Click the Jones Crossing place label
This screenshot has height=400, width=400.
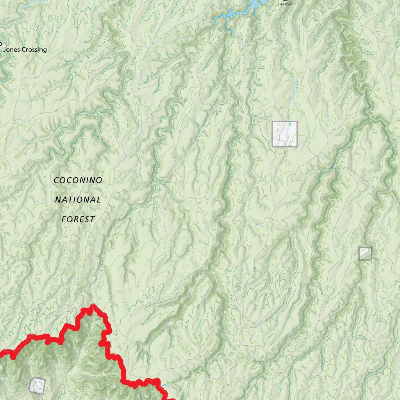25,50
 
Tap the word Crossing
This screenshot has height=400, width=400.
34,50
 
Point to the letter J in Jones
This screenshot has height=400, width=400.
5,50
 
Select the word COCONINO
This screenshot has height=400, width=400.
78,180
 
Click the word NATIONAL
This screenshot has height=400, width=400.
78,200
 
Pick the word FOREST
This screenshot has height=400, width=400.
78,219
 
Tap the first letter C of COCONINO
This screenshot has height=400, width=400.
56,180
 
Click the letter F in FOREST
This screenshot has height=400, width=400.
64,219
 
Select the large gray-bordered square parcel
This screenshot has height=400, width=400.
285,134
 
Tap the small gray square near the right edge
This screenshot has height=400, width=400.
365,254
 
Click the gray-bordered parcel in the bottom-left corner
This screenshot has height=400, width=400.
37,386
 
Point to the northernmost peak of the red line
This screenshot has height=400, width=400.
93,306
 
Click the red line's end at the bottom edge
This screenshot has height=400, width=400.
172,398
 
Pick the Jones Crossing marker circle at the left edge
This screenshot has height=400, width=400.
0,44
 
